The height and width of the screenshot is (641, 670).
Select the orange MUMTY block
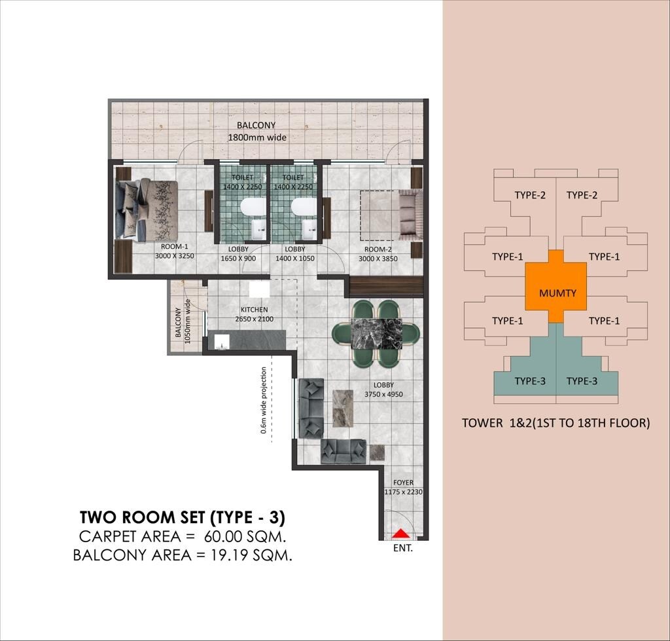point(557,292)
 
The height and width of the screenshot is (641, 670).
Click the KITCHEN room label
point(254,310)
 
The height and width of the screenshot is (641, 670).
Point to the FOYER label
point(404,483)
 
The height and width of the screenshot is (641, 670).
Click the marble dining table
point(376,335)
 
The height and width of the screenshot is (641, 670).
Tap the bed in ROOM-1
point(147,210)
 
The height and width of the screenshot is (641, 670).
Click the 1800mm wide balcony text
point(257,137)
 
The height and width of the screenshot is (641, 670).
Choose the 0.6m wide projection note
point(264,400)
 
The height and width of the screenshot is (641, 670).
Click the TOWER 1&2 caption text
point(555,423)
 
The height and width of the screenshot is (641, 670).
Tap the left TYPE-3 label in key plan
point(531,381)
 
